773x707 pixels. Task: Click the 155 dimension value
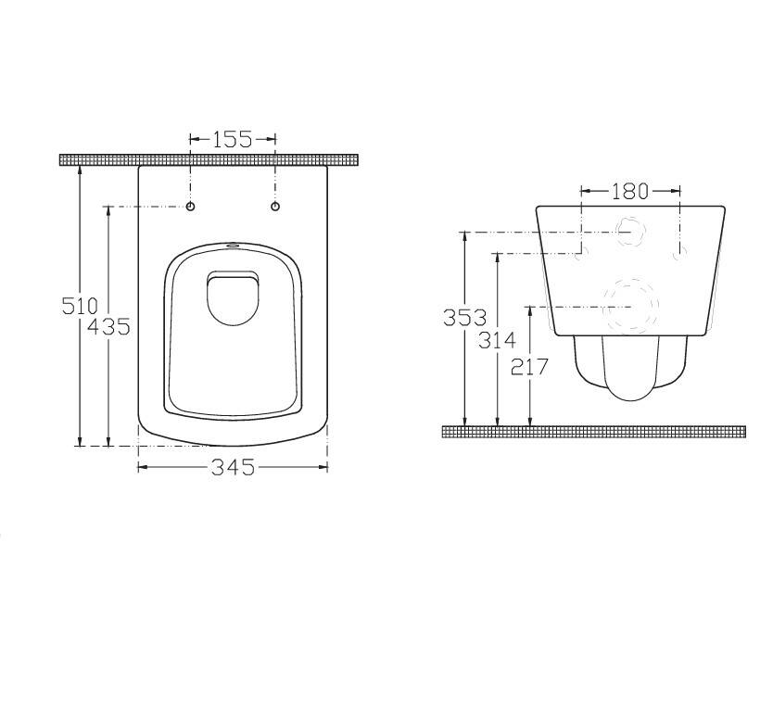[x=233, y=139]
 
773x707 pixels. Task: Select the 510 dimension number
[x=80, y=307]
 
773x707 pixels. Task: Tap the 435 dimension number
[x=108, y=326]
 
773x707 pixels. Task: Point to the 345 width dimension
[x=233, y=467]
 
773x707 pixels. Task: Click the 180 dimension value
[x=630, y=191]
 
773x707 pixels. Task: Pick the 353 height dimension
[x=465, y=317]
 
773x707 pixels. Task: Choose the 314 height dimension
[x=498, y=340]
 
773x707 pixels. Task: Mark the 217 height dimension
[x=529, y=367]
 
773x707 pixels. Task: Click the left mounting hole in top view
[x=190, y=207]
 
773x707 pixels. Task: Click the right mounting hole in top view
[x=275, y=207]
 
